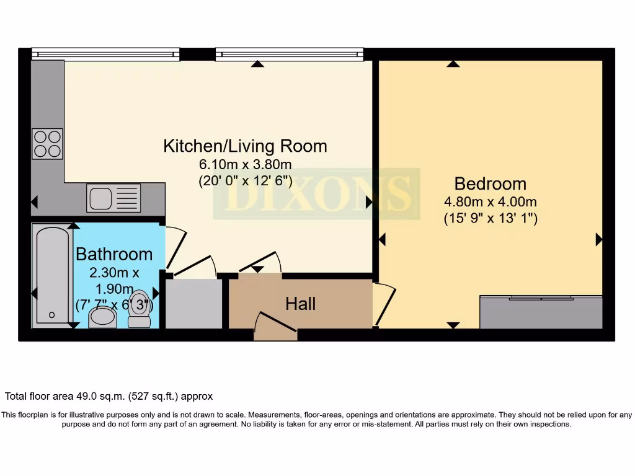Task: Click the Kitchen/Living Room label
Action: coord(245,146)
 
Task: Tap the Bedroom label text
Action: coord(490,183)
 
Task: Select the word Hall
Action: coord(300,304)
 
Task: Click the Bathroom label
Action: coord(114,254)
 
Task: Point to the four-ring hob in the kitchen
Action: coord(47,144)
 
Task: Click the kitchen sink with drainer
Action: coord(113,198)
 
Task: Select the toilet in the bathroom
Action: coord(140,309)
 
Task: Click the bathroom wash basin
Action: coord(102,319)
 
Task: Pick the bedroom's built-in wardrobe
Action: coord(541,313)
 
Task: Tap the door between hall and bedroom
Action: coord(384,304)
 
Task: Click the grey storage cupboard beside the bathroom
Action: coord(193,304)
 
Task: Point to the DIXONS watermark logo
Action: coord(316,193)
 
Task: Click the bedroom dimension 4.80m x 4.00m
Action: coord(490,202)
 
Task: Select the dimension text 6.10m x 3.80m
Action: coord(245,165)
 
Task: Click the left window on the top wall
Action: coord(105,55)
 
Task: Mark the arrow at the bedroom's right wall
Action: coord(598,239)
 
